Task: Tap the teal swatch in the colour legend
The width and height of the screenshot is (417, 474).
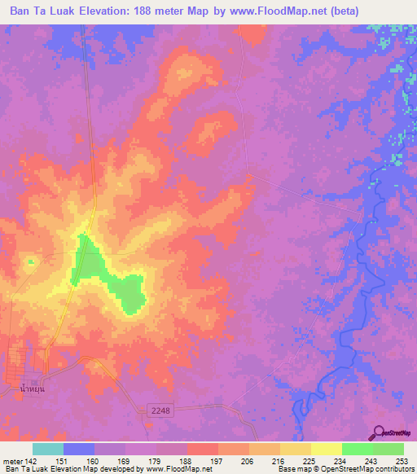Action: (x=48, y=449)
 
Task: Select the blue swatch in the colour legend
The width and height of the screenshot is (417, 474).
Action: (x=79, y=449)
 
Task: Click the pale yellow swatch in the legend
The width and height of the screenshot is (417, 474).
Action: (x=326, y=449)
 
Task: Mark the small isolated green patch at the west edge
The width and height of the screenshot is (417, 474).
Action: (x=30, y=261)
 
